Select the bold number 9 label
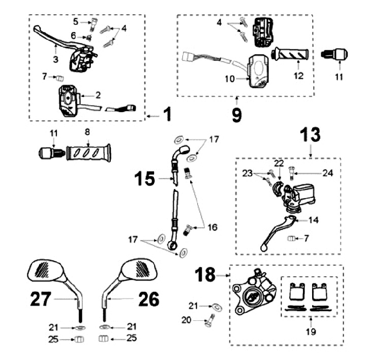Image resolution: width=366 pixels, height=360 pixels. (236, 115)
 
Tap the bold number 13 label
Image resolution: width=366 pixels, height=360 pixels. (310, 135)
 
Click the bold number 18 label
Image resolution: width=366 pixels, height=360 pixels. (206, 276)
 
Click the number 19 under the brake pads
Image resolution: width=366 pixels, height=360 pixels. (311, 332)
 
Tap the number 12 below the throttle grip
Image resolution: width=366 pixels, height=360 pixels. (298, 76)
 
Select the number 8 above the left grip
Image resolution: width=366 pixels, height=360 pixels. (87, 132)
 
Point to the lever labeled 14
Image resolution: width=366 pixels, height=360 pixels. (277, 232)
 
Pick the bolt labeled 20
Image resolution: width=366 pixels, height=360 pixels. (210, 320)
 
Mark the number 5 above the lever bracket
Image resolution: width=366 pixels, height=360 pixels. (76, 21)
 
